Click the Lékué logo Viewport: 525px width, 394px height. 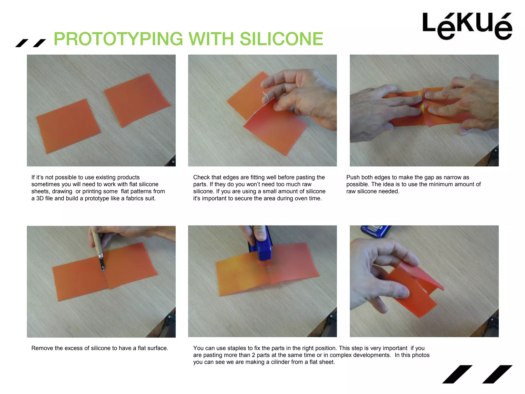467,26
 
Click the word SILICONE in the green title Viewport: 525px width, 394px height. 281,39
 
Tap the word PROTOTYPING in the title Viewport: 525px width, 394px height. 118,39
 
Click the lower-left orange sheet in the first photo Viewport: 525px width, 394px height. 68,126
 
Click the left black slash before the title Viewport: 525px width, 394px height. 22,43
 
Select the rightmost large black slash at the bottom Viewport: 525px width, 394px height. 497,374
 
